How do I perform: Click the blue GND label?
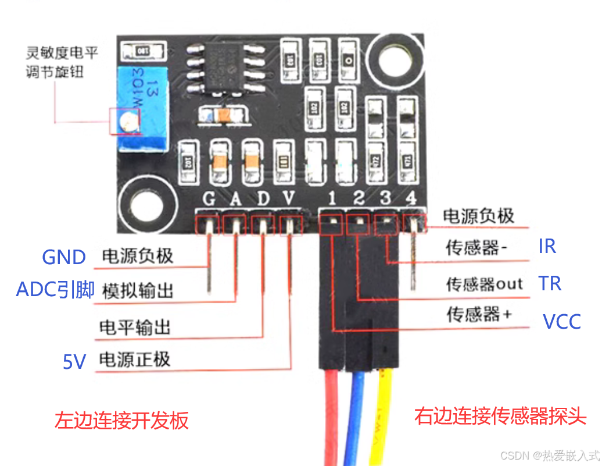point(64,257)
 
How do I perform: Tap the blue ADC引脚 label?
point(55,290)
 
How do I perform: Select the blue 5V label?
point(74,362)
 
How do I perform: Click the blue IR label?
point(547,247)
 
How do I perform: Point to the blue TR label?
point(550,283)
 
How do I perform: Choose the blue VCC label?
point(561,321)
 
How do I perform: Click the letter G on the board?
point(209,199)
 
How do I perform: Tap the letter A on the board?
point(235,199)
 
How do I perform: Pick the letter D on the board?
point(263,199)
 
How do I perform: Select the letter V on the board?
point(289,199)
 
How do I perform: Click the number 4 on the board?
point(411,198)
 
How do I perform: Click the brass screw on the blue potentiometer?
point(128,121)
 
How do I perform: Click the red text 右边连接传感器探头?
point(500,417)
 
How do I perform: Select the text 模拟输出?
point(138,290)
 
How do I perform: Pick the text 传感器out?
point(484,284)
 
